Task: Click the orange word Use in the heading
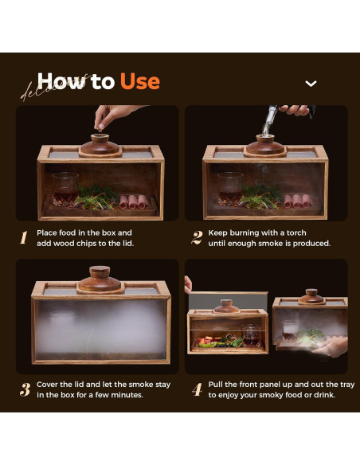pos(140,81)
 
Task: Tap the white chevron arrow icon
pos(311,84)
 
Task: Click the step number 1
pos(24,237)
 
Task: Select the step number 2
pos(197,237)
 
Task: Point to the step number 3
pos(25,389)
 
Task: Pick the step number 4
pos(197,389)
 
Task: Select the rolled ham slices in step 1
pos(134,201)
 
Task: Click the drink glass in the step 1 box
pos(65,188)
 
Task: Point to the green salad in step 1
pos(96,197)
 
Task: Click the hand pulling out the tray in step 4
pos(331,346)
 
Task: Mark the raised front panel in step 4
pos(229,301)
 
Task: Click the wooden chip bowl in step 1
pos(100,144)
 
